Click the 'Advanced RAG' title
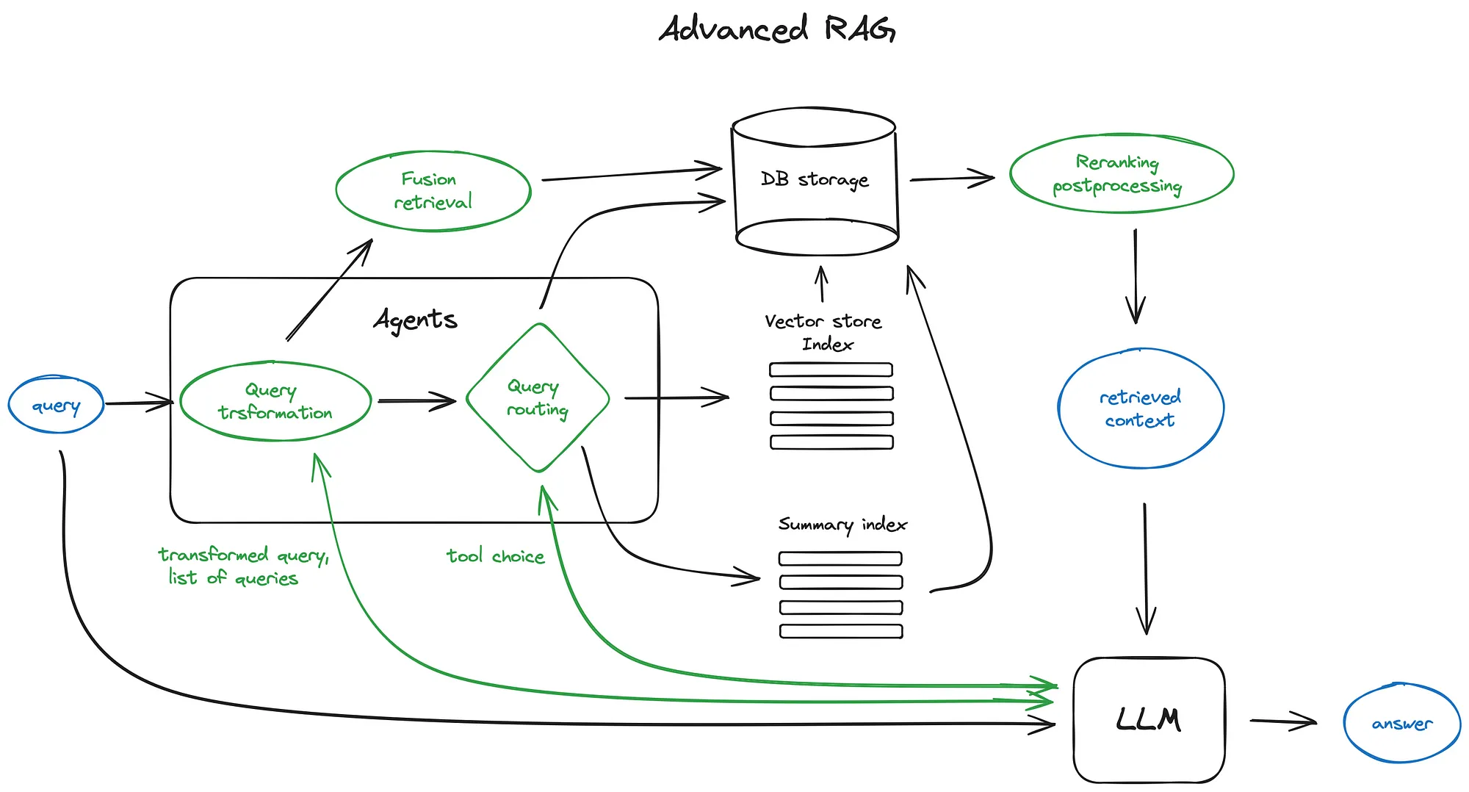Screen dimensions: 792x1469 (776, 29)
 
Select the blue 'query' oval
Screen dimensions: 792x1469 (56, 405)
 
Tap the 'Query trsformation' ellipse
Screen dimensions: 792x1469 (275, 401)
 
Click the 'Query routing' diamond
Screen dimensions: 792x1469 (538, 397)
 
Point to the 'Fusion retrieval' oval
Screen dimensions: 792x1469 (433, 190)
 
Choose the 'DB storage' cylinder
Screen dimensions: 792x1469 (815, 181)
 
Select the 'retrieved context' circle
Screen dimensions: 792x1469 (1141, 408)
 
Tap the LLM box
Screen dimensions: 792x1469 (1149, 719)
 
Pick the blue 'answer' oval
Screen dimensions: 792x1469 (1401, 724)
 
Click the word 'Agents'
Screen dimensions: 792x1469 (416, 320)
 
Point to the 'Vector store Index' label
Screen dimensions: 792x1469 (824, 332)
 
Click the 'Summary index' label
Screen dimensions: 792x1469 (842, 525)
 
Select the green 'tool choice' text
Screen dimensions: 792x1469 (496, 556)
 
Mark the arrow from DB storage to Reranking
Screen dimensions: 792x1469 (952, 179)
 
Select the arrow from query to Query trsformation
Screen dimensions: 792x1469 (138, 403)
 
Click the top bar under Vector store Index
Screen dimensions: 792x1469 (831, 370)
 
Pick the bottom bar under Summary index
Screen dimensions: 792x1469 (841, 631)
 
